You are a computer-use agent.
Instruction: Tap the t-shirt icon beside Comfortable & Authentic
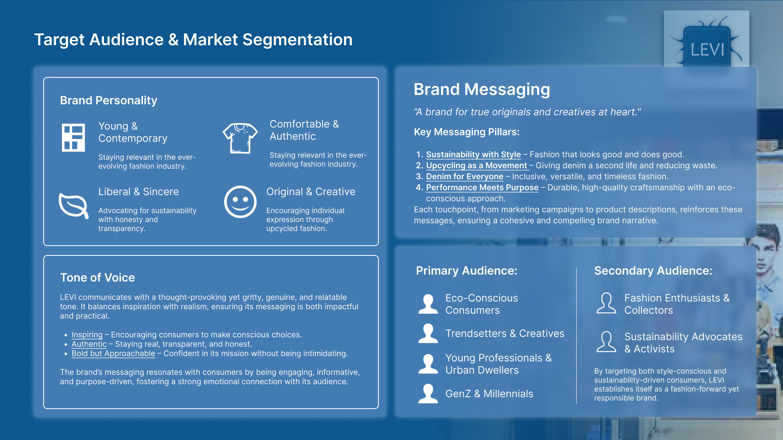[240, 138]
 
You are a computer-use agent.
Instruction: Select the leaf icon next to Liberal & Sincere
[74, 205]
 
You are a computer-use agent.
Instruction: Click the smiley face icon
[240, 202]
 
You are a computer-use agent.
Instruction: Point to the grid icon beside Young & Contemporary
[73, 137]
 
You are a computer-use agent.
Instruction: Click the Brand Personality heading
[108, 100]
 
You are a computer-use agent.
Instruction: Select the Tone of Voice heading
[97, 277]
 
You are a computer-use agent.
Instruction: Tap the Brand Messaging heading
[482, 90]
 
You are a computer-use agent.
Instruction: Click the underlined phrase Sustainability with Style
[473, 155]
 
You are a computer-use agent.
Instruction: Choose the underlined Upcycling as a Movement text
[476, 165]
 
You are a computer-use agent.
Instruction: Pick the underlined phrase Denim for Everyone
[464, 176]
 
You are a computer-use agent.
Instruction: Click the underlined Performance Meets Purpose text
[482, 187]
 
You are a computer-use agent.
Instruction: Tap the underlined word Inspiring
[87, 335]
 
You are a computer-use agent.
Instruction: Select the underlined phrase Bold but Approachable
[113, 353]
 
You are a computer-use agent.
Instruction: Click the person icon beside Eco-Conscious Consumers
[428, 304]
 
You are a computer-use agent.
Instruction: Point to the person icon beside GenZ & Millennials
[428, 394]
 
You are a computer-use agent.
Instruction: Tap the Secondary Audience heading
[653, 271]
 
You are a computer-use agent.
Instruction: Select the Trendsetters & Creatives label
[505, 333]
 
